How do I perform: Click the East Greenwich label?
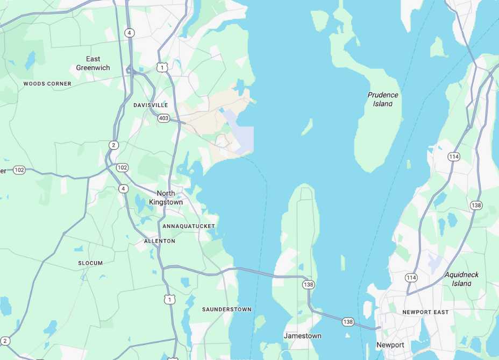93,63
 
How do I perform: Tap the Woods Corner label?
47,84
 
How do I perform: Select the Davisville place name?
151,105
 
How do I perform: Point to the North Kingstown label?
170,197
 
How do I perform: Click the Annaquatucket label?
189,226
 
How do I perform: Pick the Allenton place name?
160,241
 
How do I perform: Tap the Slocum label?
90,263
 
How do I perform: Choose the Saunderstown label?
226,309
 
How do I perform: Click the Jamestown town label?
303,336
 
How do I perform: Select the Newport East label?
425,312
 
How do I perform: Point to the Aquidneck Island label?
461,279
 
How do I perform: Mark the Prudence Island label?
383,99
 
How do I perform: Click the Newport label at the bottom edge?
390,345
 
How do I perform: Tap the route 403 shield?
164,118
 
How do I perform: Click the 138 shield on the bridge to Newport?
348,322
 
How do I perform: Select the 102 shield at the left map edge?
19,170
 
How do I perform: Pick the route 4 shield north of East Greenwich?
129,33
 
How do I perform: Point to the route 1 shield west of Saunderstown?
170,299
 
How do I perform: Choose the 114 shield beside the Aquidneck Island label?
411,278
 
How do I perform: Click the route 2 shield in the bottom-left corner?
5,341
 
